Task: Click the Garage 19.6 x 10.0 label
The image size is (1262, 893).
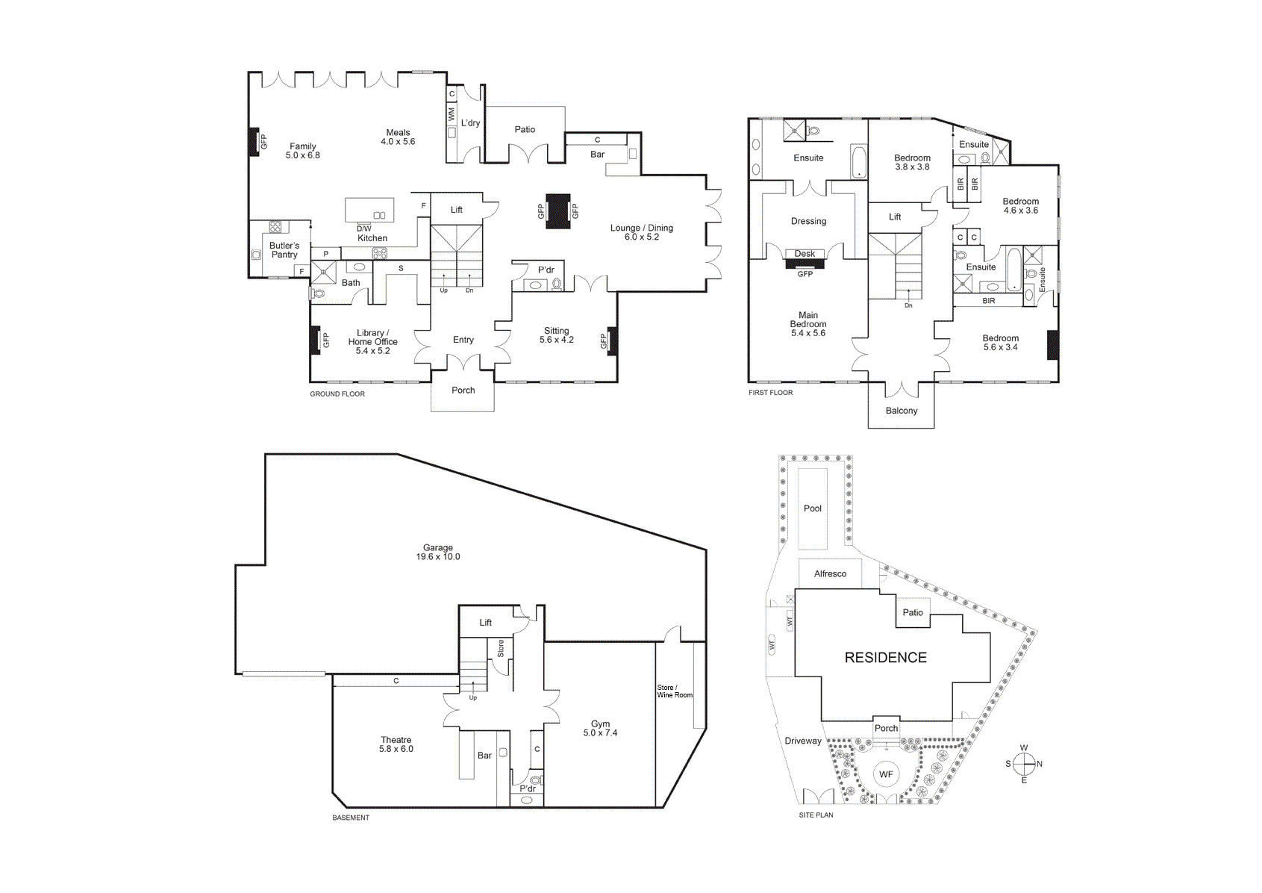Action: [438, 552]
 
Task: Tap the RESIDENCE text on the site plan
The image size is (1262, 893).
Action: [885, 657]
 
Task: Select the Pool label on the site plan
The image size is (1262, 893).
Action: [812, 508]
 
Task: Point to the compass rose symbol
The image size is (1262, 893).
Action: [1024, 764]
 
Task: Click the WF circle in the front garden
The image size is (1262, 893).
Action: [886, 774]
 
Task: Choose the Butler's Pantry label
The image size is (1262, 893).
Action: [284, 250]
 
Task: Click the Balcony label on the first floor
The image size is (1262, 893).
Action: [902, 411]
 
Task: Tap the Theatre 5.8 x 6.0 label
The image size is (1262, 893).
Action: [396, 744]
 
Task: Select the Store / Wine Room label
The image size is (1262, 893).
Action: [674, 691]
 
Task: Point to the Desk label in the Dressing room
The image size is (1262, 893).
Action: [805, 254]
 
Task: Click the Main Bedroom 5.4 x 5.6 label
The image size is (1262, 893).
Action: [808, 324]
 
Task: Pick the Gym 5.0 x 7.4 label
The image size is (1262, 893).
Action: [600, 728]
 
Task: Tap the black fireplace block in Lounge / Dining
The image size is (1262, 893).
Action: [558, 211]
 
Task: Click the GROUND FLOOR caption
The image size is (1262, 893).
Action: [337, 393]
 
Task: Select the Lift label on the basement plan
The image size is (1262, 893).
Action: [485, 623]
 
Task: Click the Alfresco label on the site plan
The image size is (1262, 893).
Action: [830, 574]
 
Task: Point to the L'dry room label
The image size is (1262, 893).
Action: [470, 123]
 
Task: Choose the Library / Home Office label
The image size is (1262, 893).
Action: [372, 341]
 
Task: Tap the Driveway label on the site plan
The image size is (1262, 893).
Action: [803, 741]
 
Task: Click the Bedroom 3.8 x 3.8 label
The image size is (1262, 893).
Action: [912, 162]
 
